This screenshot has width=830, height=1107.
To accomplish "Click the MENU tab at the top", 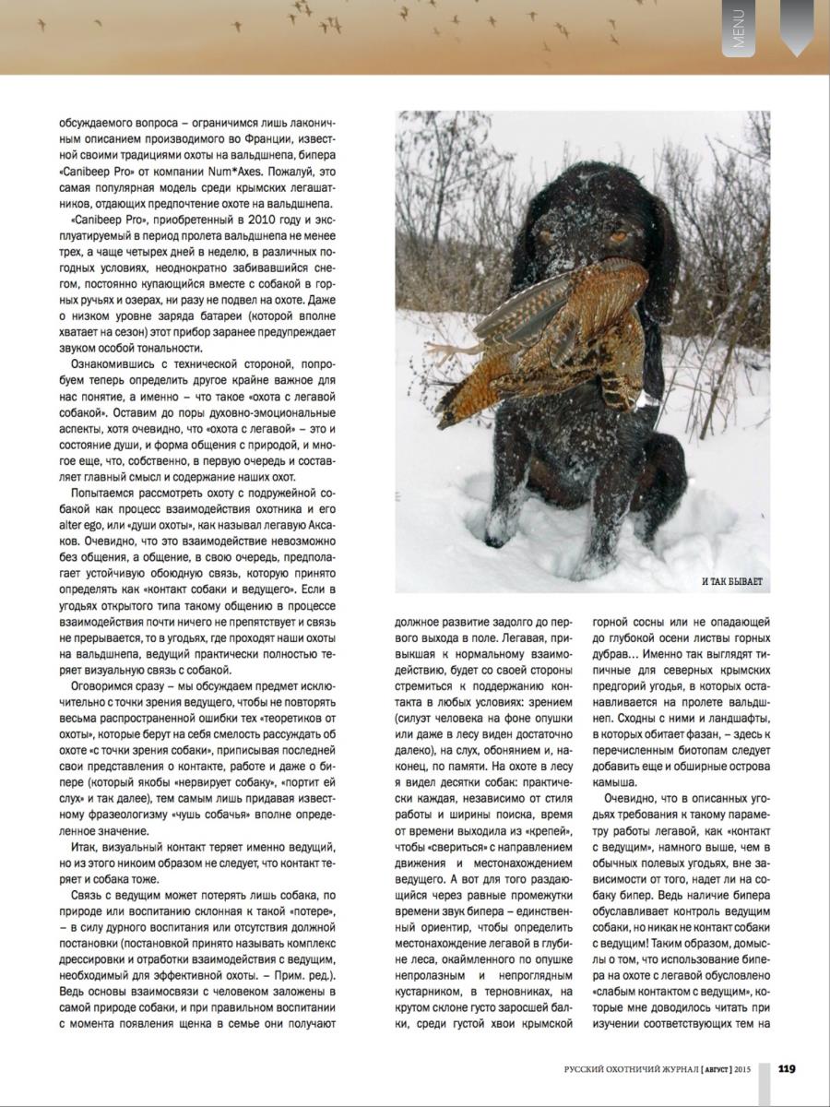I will point(738,28).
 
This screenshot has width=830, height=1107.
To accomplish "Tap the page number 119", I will point(787,1068).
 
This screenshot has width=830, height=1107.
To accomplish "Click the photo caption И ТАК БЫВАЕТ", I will point(732,581).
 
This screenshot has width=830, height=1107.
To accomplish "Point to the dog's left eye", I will point(618,236).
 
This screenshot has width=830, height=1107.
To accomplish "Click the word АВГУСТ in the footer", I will point(716,1069).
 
